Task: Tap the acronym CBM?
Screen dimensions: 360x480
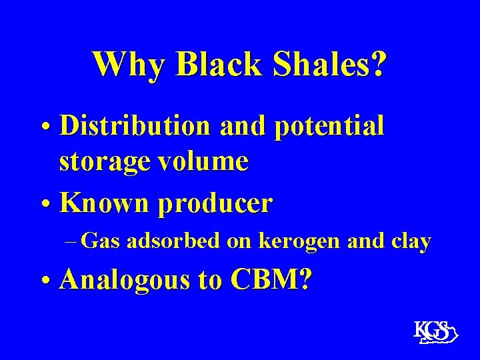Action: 269,281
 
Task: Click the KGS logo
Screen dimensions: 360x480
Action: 433,332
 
